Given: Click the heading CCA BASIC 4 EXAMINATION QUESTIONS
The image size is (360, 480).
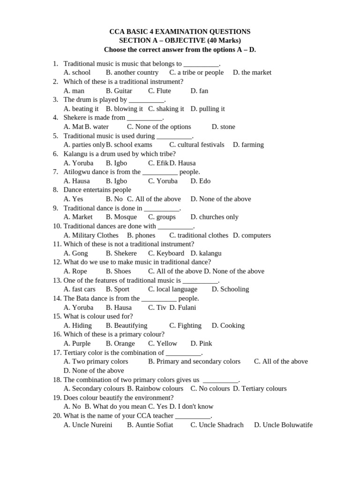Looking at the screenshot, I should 180,31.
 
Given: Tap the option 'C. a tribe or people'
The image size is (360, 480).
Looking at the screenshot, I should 196,72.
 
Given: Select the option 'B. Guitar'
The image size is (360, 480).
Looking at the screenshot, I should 119,90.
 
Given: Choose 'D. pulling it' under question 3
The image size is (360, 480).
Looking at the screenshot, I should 208,109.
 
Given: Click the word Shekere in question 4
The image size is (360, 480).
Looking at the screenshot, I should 75,118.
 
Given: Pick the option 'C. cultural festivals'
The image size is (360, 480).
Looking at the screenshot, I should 197,145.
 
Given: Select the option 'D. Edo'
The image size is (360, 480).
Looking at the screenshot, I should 201,181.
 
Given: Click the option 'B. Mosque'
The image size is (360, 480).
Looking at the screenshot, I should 121,217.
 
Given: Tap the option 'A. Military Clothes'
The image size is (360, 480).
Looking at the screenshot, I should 91,235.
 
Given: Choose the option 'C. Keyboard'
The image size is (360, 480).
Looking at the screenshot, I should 166,253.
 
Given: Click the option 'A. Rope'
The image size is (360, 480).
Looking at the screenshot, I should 75,271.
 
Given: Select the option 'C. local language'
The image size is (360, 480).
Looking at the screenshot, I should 173,289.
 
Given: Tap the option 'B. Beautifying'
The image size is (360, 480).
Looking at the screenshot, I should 127,325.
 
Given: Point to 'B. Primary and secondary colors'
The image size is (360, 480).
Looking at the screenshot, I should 194,361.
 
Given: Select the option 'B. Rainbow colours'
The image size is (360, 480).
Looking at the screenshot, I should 155,389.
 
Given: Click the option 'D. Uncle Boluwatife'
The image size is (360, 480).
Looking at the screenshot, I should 283,425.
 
